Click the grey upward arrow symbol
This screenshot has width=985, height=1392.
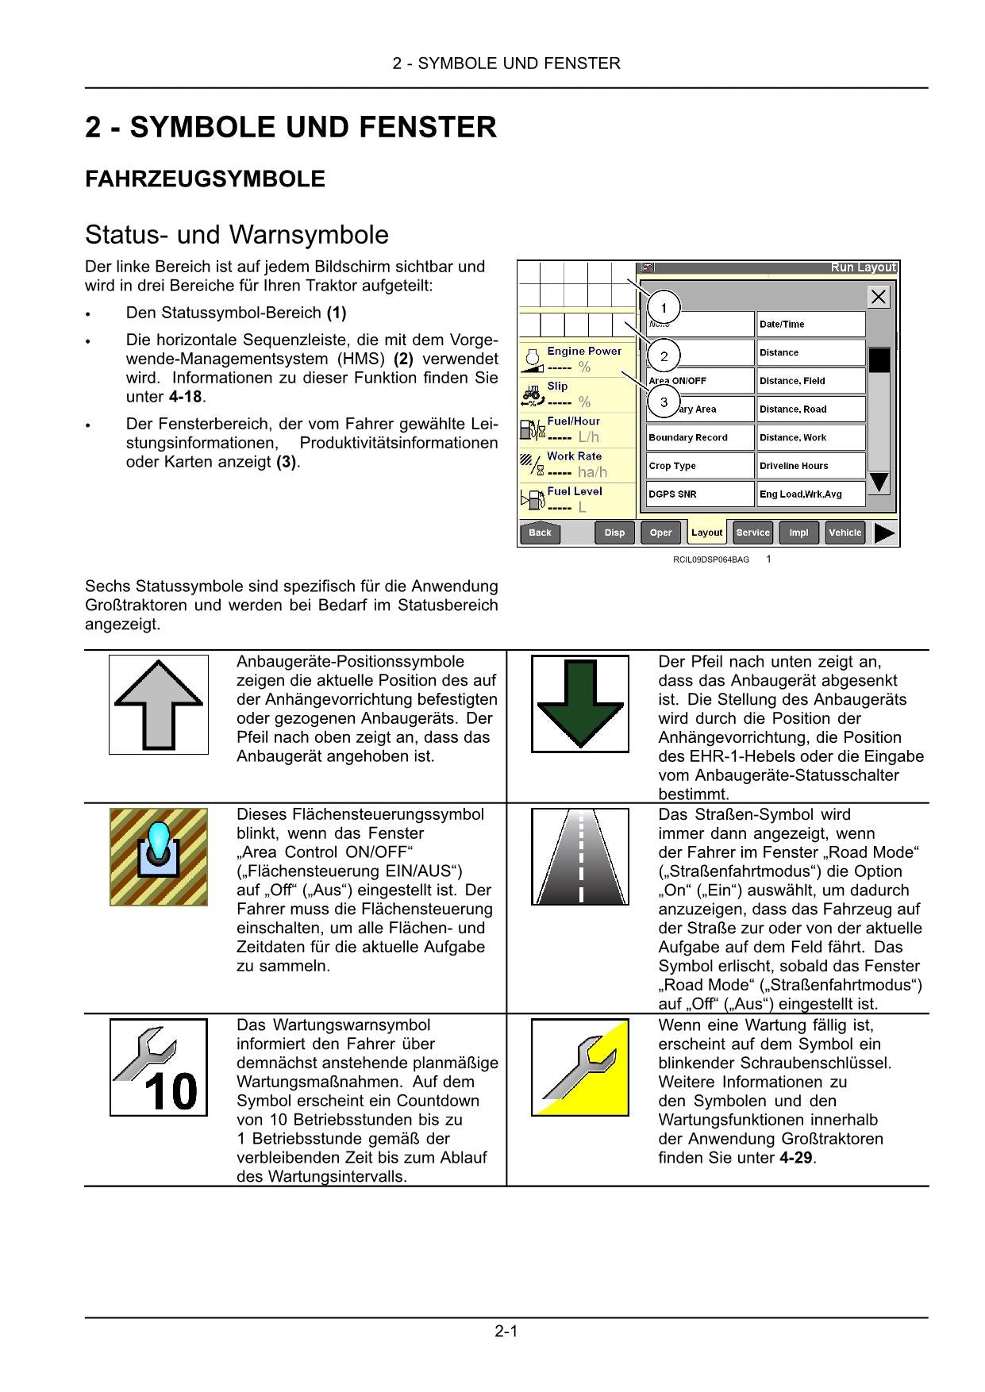159,704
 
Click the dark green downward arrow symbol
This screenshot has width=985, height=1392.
580,704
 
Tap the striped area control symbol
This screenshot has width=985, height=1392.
159,857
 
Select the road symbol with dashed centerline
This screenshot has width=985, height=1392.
580,857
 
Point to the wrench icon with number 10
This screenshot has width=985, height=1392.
159,1067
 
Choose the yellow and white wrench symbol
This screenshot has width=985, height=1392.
580,1067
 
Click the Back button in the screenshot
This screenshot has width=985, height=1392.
540,533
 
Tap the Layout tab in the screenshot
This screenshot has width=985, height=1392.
706,533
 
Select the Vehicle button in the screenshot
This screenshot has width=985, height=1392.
845,533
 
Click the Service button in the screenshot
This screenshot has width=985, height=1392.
752,533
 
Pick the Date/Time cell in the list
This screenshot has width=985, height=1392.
810,324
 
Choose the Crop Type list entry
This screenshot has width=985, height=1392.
698,466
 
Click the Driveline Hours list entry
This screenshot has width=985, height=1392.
810,466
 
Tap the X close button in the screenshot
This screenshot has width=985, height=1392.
878,298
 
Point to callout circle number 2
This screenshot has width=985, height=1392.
664,356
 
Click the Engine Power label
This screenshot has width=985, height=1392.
584,351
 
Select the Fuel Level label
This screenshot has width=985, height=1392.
575,491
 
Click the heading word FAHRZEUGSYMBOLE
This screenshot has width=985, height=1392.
205,179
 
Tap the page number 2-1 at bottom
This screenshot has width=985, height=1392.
506,1331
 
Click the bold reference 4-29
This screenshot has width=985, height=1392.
796,1158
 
